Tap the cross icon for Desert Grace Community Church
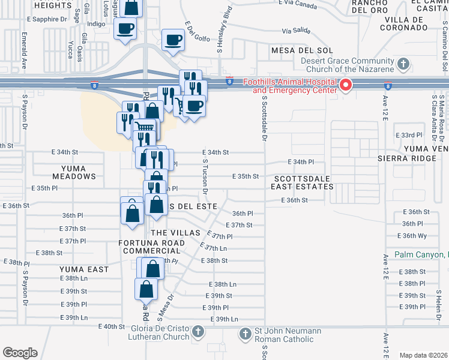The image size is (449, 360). [404, 64]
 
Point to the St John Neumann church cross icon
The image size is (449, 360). [244, 334]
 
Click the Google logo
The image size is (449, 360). [20, 353]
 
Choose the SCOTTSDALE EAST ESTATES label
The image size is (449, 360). [303, 182]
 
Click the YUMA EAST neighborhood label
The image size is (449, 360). [84, 269]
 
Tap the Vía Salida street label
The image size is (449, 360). [296, 30]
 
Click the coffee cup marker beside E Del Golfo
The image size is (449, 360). [173, 40]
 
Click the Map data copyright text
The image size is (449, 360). [423, 355]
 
